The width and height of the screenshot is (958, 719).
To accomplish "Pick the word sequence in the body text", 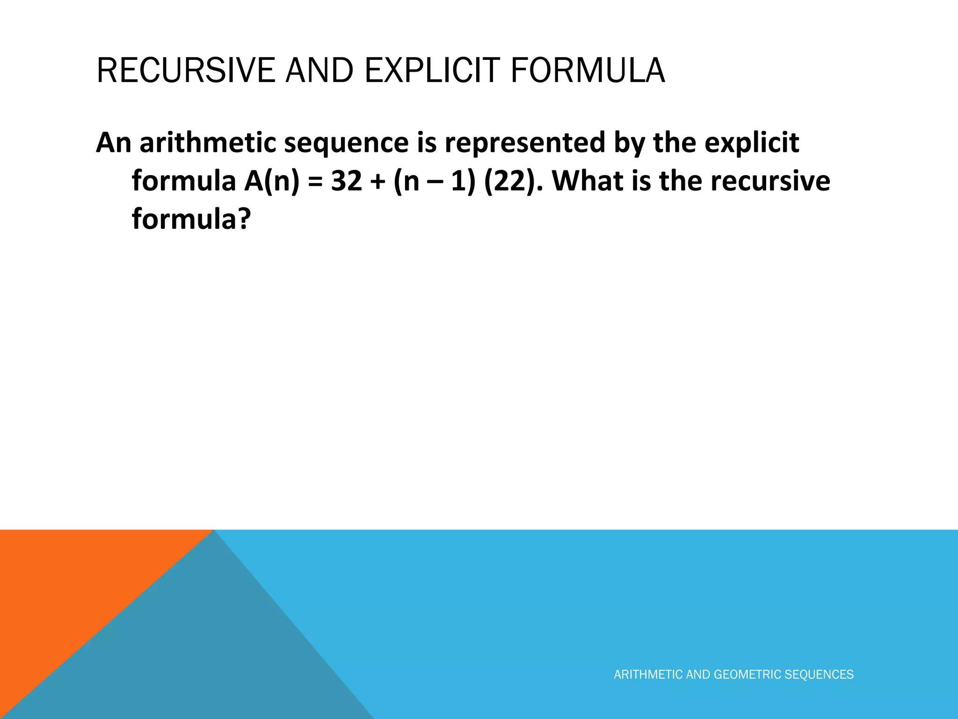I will coord(346,143).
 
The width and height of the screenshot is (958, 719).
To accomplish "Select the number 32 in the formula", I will coord(347,181).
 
